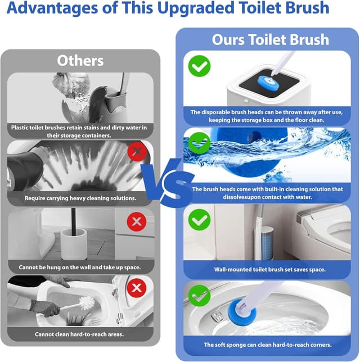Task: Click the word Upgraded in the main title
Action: click(x=196, y=8)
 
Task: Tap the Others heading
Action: click(x=80, y=61)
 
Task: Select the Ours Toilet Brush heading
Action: click(x=271, y=39)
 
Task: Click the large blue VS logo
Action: click(x=168, y=182)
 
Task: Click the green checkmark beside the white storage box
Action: click(x=200, y=66)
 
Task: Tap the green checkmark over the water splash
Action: click(x=200, y=143)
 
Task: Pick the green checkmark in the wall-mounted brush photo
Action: click(x=200, y=220)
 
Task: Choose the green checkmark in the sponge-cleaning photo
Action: click(x=200, y=296)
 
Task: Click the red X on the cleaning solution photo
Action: click(x=137, y=151)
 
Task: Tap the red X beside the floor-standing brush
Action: click(x=137, y=221)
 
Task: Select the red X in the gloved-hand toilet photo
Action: click(x=137, y=288)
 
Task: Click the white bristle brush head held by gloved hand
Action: click(x=87, y=303)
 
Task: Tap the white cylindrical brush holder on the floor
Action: click(x=74, y=244)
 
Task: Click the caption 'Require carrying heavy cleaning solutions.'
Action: click(x=80, y=198)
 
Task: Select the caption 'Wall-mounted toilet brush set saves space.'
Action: click(x=269, y=269)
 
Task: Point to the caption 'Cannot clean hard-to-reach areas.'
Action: click(x=79, y=334)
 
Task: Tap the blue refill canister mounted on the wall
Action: click(x=267, y=242)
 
